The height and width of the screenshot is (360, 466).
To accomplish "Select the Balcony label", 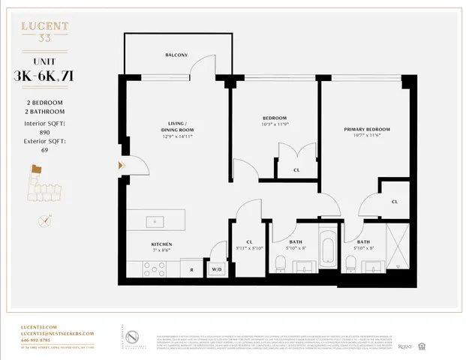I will [x=176, y=55].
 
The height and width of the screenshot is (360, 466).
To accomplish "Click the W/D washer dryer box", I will [x=218, y=268].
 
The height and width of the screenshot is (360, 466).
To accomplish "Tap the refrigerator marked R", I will [x=192, y=268].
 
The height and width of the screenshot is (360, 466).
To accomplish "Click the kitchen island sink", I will [x=155, y=221].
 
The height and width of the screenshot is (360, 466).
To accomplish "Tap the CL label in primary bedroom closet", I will [x=394, y=201].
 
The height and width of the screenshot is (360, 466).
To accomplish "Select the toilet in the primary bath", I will [x=350, y=262].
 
